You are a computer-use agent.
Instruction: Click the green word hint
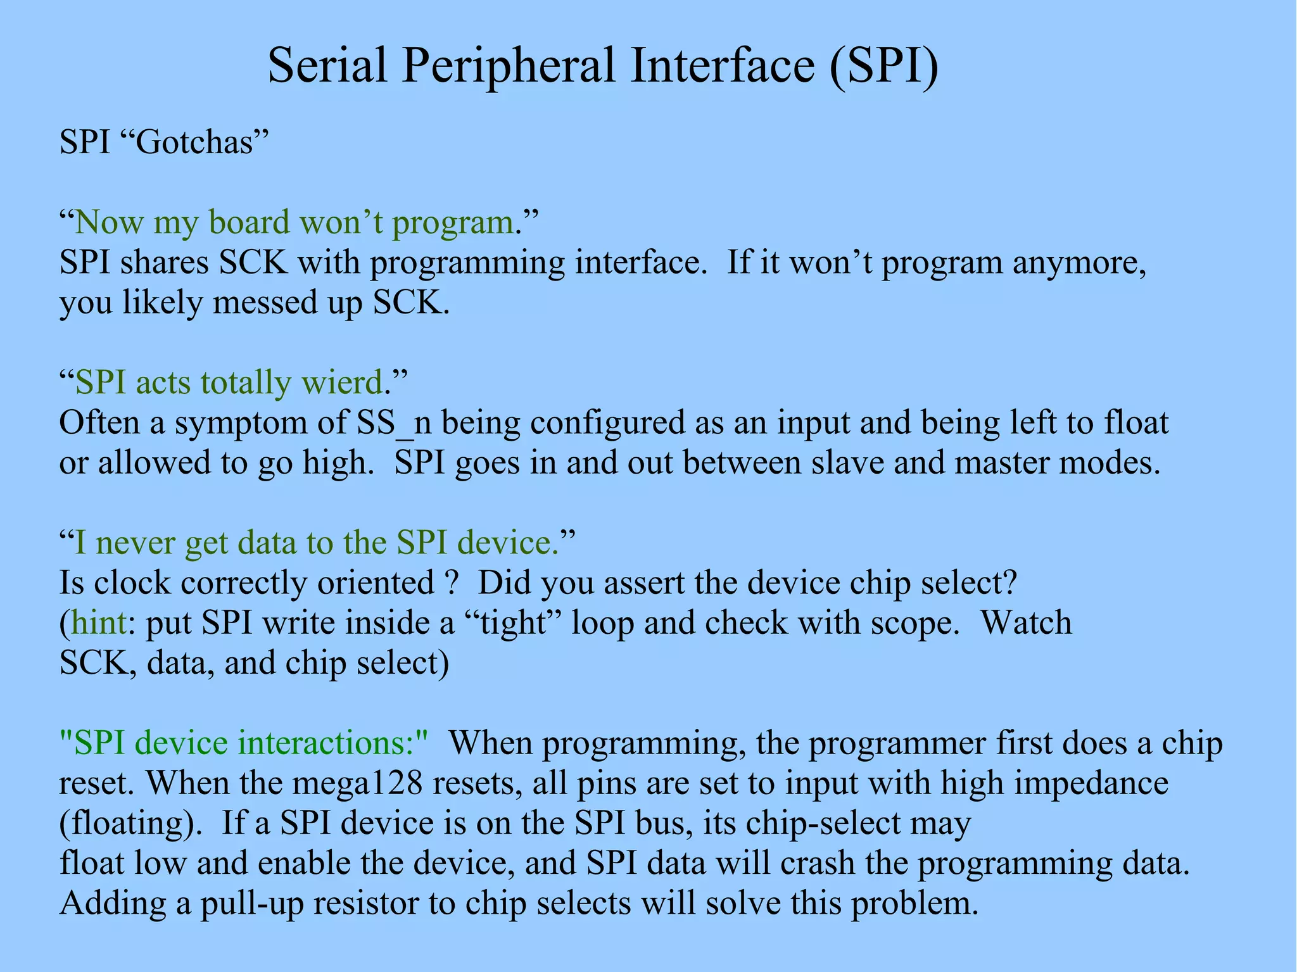(98, 623)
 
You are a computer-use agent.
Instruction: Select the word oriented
(375, 583)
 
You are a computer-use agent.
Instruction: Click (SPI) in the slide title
(885, 66)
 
